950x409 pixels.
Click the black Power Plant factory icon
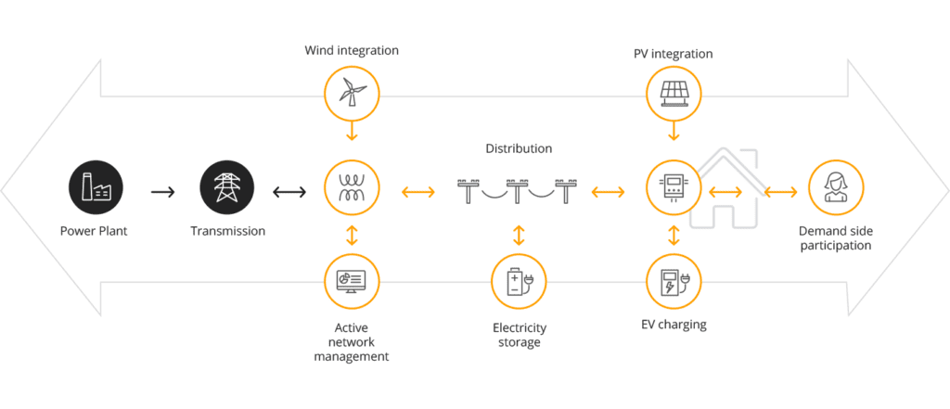pyautogui.click(x=93, y=185)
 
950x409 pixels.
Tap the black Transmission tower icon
pyautogui.click(x=226, y=185)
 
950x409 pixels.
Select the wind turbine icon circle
pyautogui.click(x=352, y=91)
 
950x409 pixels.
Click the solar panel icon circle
pyautogui.click(x=674, y=91)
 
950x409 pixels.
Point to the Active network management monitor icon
pyautogui.click(x=352, y=283)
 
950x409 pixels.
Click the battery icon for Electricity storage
pyautogui.click(x=519, y=282)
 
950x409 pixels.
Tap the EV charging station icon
pyautogui.click(x=674, y=282)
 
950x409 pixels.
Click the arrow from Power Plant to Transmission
pyautogui.click(x=162, y=192)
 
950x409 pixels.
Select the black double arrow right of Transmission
pyautogui.click(x=289, y=192)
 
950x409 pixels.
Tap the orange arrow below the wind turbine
pyautogui.click(x=352, y=134)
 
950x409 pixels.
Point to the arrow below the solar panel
pyautogui.click(x=674, y=134)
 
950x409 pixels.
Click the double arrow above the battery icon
pyautogui.click(x=519, y=234)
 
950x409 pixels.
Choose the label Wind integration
pyautogui.click(x=352, y=50)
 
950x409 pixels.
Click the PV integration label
pyautogui.click(x=674, y=54)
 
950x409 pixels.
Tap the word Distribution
pyautogui.click(x=519, y=148)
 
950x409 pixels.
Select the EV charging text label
pyautogui.click(x=674, y=325)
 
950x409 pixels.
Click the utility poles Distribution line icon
pyautogui.click(x=519, y=191)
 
